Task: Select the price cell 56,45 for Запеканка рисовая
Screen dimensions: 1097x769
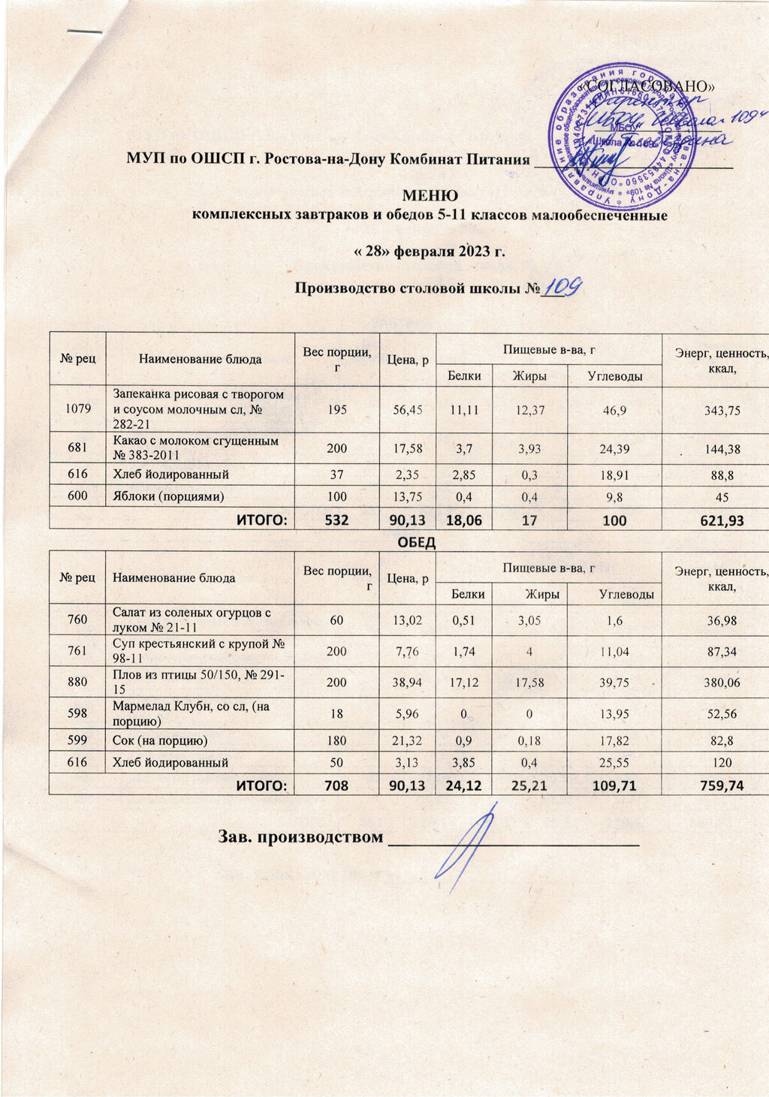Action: [x=408, y=409]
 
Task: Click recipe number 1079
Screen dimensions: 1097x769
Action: [x=78, y=409]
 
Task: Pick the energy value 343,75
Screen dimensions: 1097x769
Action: [x=718, y=410]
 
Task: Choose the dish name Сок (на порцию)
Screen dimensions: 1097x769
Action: [x=160, y=740]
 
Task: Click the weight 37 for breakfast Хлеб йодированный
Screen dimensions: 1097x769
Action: [x=337, y=475]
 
